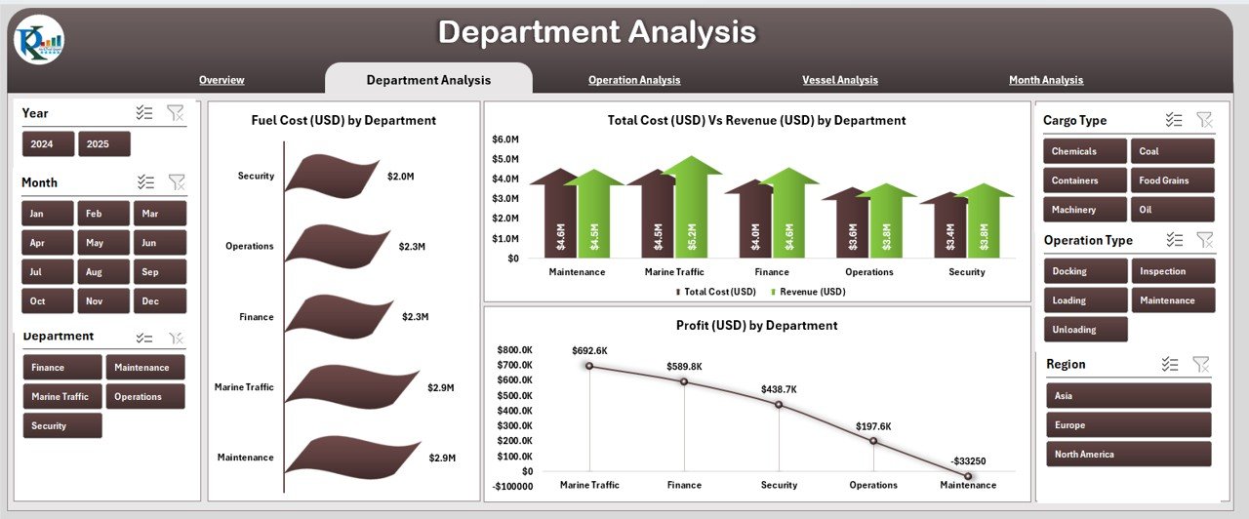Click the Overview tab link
(x=222, y=80)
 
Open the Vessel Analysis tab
(x=839, y=80)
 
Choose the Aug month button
(x=95, y=272)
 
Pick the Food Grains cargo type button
(x=1173, y=180)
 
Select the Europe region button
(x=1129, y=425)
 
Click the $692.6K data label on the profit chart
(x=589, y=350)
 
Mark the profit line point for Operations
(x=872, y=441)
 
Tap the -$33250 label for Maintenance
(x=968, y=461)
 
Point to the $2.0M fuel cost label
(x=400, y=177)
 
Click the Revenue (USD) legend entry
(x=809, y=292)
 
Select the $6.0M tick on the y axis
(x=505, y=140)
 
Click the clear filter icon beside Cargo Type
(x=1205, y=120)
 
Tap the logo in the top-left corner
(x=39, y=40)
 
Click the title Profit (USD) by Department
(x=756, y=325)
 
